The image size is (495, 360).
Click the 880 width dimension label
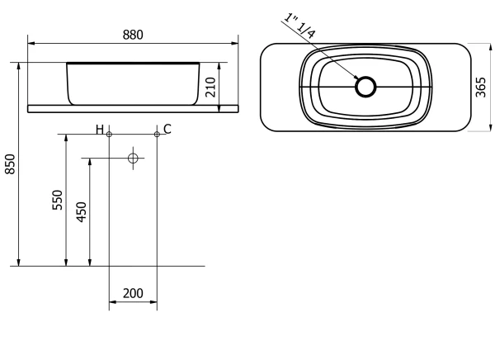point(133,35)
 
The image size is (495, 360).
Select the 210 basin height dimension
point(210,87)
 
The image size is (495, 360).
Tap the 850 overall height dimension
point(11,163)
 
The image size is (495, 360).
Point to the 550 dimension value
point(58,200)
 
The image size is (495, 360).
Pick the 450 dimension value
point(82,212)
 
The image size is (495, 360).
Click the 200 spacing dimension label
point(133,293)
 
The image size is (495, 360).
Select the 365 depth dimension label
point(481,87)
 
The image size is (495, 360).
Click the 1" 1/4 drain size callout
point(299,26)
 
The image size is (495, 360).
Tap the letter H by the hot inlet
point(100,130)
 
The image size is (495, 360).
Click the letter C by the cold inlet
point(167,130)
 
